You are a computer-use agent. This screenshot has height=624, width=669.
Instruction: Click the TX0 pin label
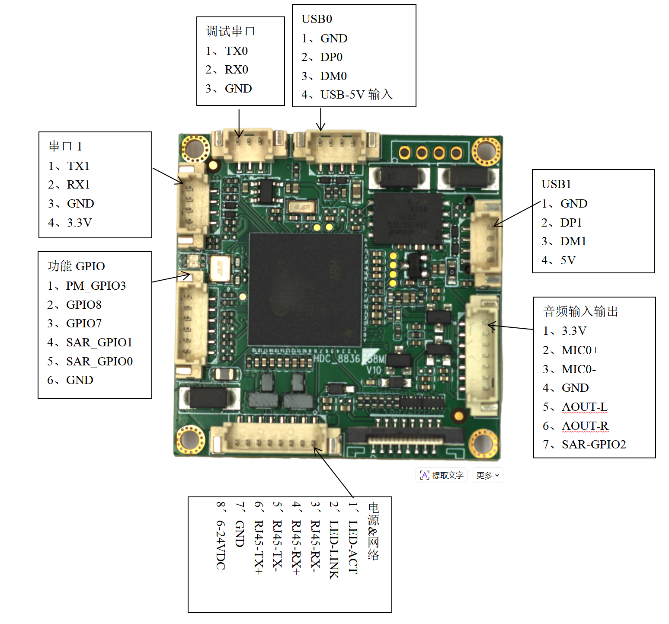236,51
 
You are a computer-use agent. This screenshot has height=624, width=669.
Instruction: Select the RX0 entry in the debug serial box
236,70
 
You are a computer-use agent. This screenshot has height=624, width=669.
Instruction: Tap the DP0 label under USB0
331,57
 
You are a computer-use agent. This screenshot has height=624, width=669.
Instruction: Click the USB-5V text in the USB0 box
343,95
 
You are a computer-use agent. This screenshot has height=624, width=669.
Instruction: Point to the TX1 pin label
78,166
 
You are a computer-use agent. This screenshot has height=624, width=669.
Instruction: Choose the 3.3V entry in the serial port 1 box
79,223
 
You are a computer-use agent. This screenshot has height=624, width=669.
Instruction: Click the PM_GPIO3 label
96,286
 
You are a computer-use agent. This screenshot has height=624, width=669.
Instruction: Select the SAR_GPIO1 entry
99,342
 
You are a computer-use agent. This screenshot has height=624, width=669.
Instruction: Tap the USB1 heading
556,184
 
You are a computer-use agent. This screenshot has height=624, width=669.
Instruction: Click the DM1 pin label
573,241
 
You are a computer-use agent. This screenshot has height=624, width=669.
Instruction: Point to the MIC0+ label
580,350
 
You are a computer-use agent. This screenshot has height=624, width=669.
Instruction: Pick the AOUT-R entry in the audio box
585,426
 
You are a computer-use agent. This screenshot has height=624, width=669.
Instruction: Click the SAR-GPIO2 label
593,445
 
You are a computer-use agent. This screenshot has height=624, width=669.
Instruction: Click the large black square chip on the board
305,289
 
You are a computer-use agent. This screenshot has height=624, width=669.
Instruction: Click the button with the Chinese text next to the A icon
442,476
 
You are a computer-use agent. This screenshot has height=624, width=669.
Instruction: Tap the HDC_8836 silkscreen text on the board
337,358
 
